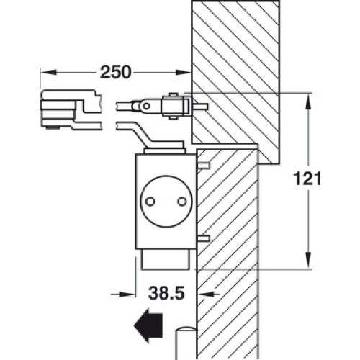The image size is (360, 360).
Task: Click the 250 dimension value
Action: click(x=116, y=72)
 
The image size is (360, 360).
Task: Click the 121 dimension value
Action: click(x=307, y=179)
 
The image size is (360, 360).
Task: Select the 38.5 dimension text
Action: click(x=166, y=293)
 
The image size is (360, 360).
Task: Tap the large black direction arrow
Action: click(x=148, y=325)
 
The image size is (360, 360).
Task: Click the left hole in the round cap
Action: click(x=150, y=202)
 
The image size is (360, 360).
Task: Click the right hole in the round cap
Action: click(x=182, y=202)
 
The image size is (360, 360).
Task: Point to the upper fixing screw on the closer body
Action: click(x=203, y=165)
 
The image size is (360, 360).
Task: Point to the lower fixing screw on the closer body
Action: click(x=203, y=238)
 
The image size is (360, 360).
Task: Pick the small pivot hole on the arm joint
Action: click(x=146, y=106)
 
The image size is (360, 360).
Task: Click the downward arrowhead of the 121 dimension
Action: click(x=308, y=260)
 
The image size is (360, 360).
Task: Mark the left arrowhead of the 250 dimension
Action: click(x=48, y=72)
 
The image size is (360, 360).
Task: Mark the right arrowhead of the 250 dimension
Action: click(x=184, y=72)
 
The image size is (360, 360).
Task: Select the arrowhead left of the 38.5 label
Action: click(x=127, y=294)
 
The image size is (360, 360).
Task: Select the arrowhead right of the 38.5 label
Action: click(x=204, y=294)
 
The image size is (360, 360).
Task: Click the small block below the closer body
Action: click(x=166, y=259)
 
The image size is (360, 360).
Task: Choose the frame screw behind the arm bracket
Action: click(x=200, y=106)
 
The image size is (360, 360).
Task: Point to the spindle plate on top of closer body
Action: click(x=165, y=151)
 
